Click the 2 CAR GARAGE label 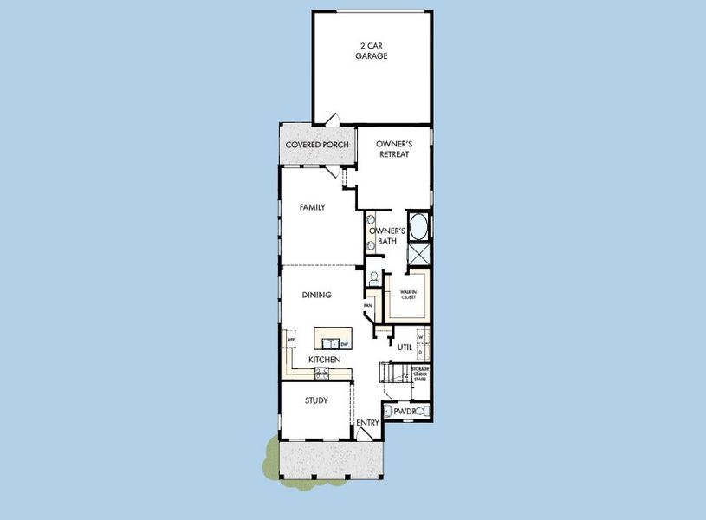(x=371, y=50)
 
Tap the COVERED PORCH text (x=317, y=145)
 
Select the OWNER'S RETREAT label (x=393, y=148)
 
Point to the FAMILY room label (x=312, y=207)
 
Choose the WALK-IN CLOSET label (x=407, y=295)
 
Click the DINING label (x=316, y=295)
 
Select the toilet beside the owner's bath (x=373, y=279)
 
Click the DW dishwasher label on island (x=344, y=344)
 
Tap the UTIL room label (x=404, y=347)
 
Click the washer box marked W (x=420, y=338)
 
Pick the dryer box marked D (x=420, y=354)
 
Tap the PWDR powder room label (x=405, y=412)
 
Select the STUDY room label (x=315, y=400)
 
